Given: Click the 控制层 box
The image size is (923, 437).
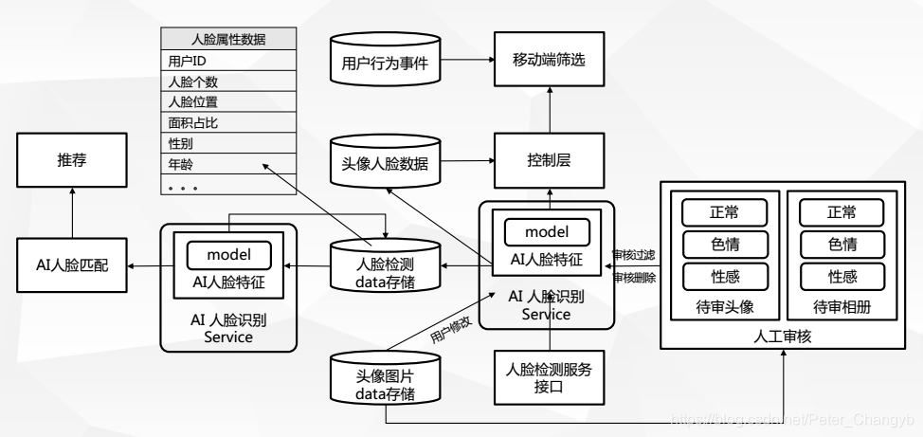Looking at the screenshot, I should click(x=550, y=162).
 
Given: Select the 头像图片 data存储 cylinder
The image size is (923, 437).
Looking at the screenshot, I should click(x=385, y=382).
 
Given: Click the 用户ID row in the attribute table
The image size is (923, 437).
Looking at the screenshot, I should click(x=227, y=60).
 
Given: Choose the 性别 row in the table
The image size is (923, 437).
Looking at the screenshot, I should click(x=227, y=144).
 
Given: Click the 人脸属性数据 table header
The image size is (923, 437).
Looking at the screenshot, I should click(x=227, y=39).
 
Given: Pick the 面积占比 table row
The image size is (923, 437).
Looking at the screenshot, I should click(x=227, y=123).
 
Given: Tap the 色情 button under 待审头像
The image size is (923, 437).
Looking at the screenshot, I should click(x=725, y=244).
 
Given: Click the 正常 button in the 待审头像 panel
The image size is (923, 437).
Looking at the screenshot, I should click(x=725, y=211).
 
